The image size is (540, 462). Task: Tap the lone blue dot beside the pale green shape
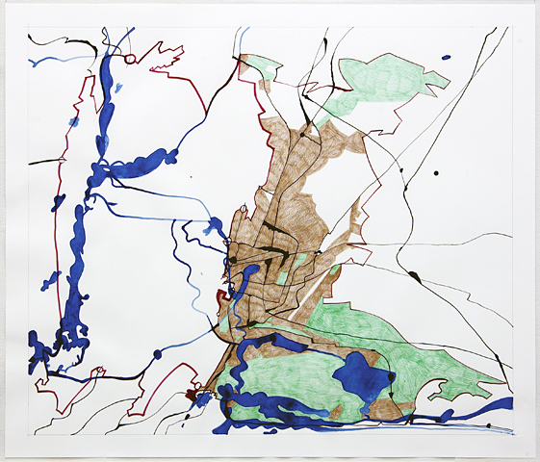pyautogui.click(x=445, y=59)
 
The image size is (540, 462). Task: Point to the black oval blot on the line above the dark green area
pyautogui.click(x=414, y=276)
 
